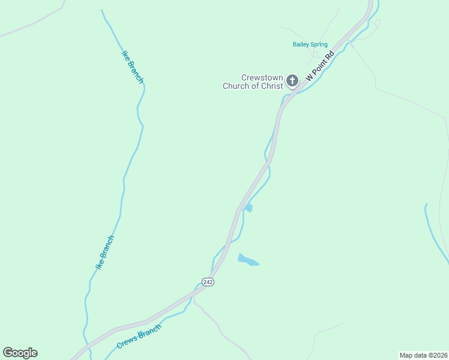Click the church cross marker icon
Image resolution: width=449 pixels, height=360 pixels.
tap(292, 80)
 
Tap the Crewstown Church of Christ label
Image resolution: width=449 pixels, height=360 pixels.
tap(253, 82)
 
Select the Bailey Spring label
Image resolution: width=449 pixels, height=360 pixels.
tap(310, 44)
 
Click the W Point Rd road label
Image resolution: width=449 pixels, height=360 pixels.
tap(319, 67)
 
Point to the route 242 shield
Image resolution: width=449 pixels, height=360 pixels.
tap(208, 282)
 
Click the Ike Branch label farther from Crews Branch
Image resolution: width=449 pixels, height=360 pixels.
tap(133, 66)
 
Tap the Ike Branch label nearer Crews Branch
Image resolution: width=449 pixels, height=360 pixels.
tap(105, 252)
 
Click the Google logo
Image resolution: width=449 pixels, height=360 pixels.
tap(20, 353)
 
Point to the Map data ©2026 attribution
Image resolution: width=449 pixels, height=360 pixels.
tap(423, 355)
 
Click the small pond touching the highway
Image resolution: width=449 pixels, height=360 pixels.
tap(248, 208)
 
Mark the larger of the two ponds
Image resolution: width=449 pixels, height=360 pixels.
tap(247, 260)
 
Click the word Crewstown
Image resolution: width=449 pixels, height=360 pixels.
tap(262, 78)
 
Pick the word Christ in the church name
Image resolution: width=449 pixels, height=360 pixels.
tap(271, 86)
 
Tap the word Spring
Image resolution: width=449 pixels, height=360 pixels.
tap(319, 44)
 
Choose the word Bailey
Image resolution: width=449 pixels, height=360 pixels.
tap(301, 44)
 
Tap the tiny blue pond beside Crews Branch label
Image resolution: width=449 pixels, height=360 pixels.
tap(140, 333)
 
